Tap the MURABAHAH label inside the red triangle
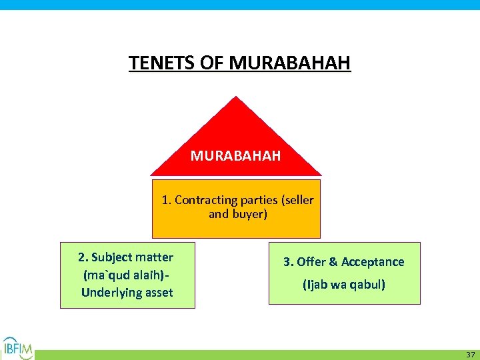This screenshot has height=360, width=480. [235, 156]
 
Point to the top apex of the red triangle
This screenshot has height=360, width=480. [235, 97]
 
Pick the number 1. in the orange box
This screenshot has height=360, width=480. [166, 200]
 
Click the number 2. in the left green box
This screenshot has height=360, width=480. [83, 257]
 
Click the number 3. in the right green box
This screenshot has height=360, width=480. [289, 262]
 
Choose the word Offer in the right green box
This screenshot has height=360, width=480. [310, 262]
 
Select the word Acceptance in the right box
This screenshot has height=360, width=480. [373, 262]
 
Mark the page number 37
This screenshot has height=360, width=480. [470, 354]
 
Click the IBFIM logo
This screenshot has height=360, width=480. [17, 347]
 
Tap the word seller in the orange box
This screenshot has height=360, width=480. [298, 200]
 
